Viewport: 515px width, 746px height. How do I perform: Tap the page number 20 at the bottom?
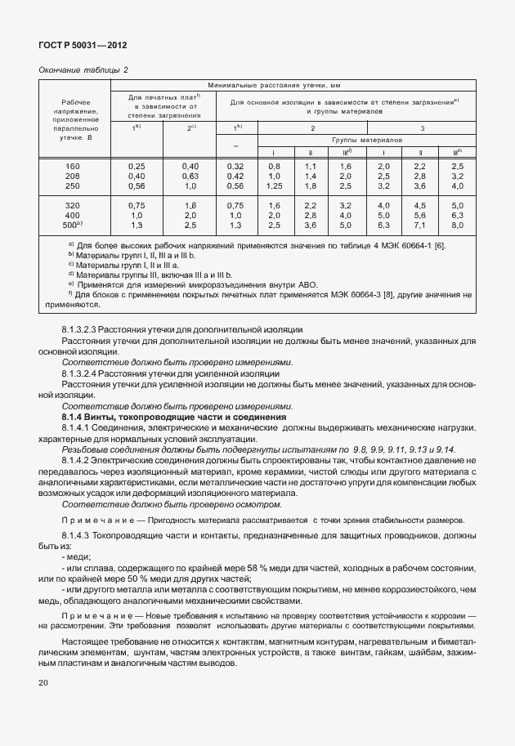[44, 682]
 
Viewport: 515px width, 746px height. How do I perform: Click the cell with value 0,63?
[190, 176]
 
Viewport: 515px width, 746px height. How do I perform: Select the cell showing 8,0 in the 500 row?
[457, 224]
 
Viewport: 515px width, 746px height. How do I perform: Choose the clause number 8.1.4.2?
[79, 461]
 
